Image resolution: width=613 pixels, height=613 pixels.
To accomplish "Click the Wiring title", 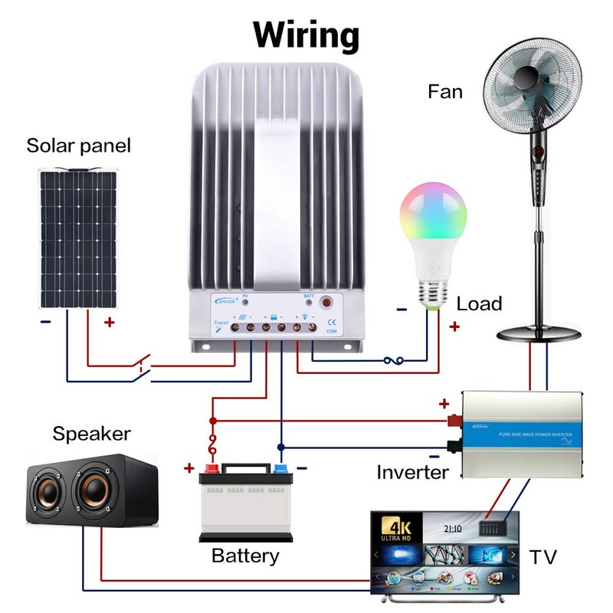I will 306,34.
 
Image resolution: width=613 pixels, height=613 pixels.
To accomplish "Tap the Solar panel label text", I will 79,146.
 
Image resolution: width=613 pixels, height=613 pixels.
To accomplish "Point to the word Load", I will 479,304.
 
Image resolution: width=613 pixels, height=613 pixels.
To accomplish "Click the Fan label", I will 445,93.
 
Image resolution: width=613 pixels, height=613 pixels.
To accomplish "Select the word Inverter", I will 412,472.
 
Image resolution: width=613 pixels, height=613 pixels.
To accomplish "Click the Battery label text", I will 245,556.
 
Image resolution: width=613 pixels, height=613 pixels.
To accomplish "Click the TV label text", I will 543,556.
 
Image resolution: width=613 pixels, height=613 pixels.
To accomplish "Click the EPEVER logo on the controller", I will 224,303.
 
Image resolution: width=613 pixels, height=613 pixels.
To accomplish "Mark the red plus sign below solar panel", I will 110,323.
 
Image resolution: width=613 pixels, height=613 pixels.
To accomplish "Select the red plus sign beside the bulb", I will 454,327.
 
